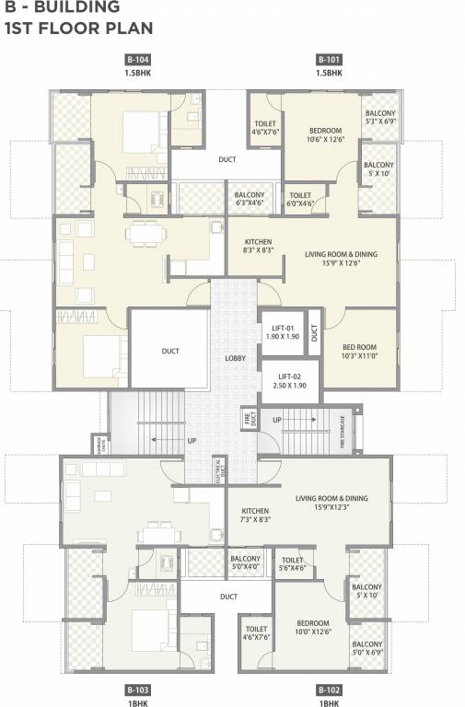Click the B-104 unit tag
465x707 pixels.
point(137,58)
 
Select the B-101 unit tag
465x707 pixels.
point(329,58)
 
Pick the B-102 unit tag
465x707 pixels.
point(329,690)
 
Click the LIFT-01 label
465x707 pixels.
point(282,332)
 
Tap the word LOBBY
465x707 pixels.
point(234,357)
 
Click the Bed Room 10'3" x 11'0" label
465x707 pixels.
point(359,351)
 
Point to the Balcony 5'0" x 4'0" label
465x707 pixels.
point(245,563)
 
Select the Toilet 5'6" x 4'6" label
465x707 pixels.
point(293,563)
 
